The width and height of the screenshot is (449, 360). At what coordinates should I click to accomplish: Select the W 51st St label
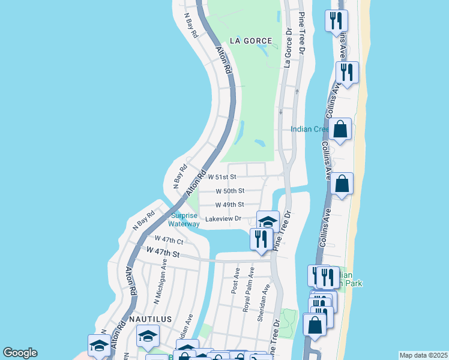(x=223, y=177)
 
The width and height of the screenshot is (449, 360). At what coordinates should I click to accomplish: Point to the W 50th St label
(x=230, y=191)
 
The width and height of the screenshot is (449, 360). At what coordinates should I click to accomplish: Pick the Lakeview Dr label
(x=223, y=219)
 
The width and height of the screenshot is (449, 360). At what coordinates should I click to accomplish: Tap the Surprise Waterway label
(x=184, y=220)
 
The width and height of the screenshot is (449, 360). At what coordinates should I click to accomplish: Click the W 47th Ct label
(x=169, y=239)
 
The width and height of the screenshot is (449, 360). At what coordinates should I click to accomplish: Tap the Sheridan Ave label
(x=262, y=303)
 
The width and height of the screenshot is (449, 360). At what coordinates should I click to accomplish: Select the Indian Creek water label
(x=310, y=129)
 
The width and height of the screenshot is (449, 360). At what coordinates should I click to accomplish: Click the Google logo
(x=20, y=353)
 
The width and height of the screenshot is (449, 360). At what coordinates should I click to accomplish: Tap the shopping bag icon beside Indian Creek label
(x=340, y=129)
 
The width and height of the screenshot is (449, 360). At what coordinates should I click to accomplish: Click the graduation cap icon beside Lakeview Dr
(x=268, y=221)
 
